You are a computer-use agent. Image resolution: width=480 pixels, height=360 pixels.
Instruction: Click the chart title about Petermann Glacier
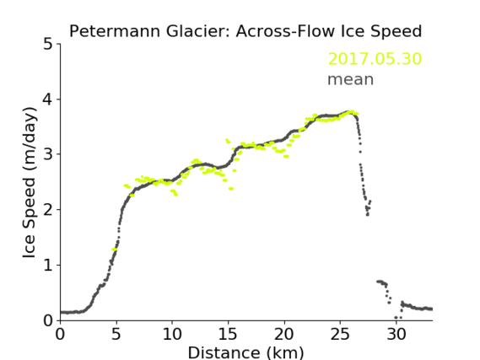click(x=245, y=31)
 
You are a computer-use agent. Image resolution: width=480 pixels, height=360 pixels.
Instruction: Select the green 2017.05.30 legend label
click(x=375, y=59)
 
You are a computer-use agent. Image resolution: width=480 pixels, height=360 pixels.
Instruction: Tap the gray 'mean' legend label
click(x=351, y=79)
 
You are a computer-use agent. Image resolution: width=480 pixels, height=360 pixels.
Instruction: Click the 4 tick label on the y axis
click(x=48, y=99)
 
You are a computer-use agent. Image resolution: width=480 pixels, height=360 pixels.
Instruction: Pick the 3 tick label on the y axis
click(x=48, y=154)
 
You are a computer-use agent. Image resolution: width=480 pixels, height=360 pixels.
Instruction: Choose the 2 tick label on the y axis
click(x=48, y=210)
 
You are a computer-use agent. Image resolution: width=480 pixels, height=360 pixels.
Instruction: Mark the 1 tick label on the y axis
click(x=48, y=265)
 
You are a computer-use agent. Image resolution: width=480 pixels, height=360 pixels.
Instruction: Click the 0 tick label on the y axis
click(x=48, y=320)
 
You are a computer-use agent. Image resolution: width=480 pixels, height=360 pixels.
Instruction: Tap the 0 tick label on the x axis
click(x=60, y=334)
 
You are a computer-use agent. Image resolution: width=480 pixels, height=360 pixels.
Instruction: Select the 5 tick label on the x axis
click(x=116, y=334)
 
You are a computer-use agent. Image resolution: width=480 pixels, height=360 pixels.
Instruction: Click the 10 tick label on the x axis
click(x=172, y=334)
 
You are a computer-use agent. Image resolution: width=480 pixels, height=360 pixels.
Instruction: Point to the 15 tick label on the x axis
click(x=228, y=334)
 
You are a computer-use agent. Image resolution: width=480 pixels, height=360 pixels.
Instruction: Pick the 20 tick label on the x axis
click(x=284, y=334)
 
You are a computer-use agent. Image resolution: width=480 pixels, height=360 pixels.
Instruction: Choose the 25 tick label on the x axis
click(x=340, y=334)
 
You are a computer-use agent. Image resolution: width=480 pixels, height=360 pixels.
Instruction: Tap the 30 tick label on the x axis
click(x=396, y=334)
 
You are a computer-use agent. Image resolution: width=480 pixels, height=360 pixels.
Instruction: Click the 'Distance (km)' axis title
click(x=245, y=352)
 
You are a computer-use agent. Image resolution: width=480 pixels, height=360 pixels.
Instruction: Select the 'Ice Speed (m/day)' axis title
click(x=30, y=182)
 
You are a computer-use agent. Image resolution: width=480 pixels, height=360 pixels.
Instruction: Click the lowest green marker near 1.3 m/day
click(x=114, y=250)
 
